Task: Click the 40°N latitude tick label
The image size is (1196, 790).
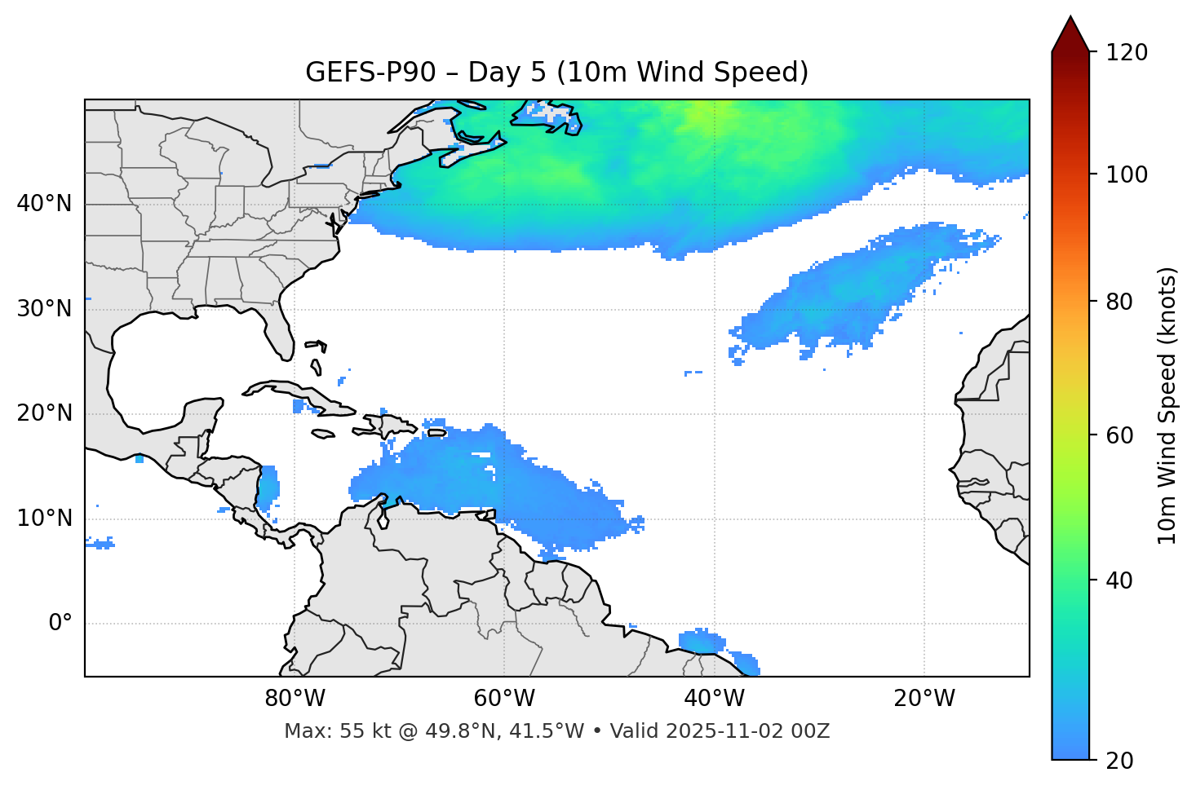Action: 44,204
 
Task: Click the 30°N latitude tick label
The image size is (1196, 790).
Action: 44,309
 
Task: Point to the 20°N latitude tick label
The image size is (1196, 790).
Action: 44,413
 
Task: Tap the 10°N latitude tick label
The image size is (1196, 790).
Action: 44,519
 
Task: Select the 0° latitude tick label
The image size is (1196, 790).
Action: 60,624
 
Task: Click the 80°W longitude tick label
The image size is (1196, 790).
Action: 295,699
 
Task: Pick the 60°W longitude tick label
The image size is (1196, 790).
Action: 504,699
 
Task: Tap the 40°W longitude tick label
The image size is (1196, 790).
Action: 714,699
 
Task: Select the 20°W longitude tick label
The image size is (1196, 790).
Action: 924,699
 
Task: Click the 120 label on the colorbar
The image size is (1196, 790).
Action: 1127,53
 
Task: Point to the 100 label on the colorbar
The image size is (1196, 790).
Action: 1127,174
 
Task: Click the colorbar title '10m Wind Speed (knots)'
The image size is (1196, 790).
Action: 1167,405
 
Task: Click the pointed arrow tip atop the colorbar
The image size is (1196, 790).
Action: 1070,20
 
